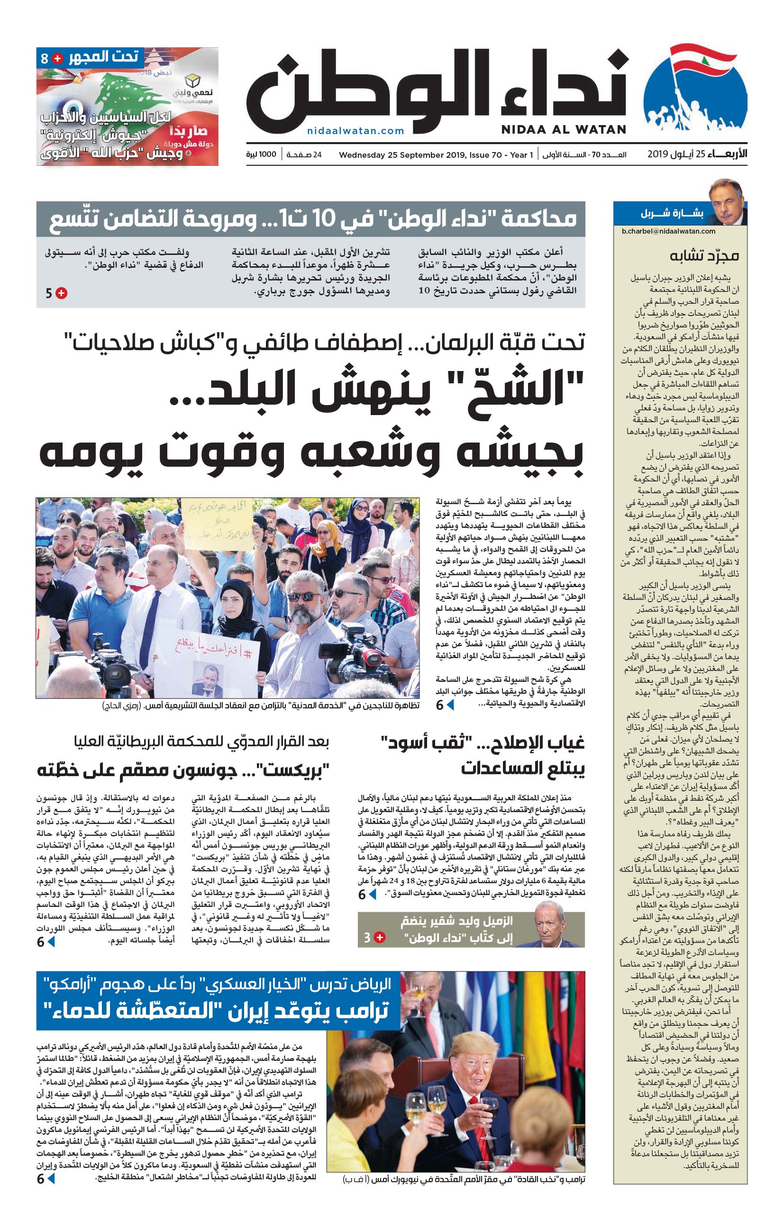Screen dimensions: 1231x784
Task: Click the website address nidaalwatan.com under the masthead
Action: point(356,131)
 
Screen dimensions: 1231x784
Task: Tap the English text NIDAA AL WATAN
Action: point(564,130)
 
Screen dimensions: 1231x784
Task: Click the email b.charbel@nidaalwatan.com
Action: point(668,231)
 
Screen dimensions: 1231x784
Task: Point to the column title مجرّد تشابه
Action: point(704,255)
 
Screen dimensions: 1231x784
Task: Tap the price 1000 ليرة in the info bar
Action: point(261,154)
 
